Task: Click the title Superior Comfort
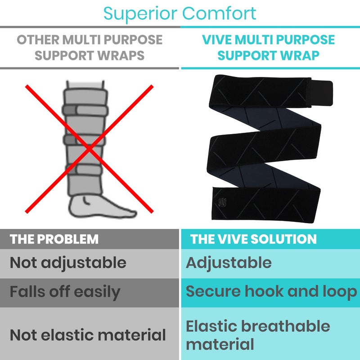[x=180, y=13]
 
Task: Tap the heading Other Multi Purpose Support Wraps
[x=90, y=47]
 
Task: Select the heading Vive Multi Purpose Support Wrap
[x=269, y=47]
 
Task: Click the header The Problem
[x=54, y=239]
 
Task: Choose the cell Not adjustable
[x=68, y=263]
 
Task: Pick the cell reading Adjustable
[x=229, y=263]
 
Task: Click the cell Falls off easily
[x=65, y=292]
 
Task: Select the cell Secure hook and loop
[x=271, y=292]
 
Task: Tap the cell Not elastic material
[x=88, y=334]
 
